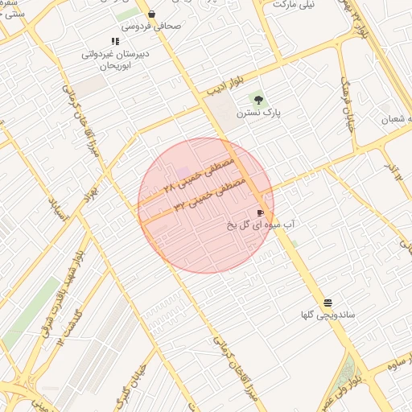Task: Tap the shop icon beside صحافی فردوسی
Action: [151, 14]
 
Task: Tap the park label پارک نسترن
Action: [258, 113]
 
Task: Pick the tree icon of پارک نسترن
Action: [258, 101]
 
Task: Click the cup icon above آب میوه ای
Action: [259, 212]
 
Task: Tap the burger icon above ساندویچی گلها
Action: [328, 303]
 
